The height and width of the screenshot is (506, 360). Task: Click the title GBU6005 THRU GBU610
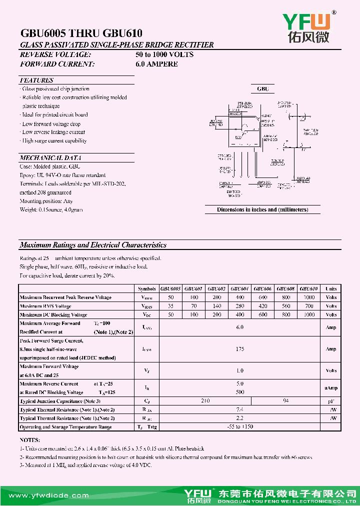[81, 33]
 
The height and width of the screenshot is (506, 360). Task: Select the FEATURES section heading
[36, 80]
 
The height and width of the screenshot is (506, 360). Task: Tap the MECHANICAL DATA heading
[50, 157]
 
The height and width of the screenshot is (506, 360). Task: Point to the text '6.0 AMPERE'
[156, 64]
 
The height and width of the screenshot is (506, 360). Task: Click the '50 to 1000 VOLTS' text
[164, 54]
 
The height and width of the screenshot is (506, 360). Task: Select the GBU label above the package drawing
[263, 89]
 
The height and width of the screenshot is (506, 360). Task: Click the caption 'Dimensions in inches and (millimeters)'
[262, 209]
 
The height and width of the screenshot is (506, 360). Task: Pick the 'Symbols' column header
[146, 289]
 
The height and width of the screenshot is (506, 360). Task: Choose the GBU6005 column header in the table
[170, 289]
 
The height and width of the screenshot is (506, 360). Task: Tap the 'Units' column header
[331, 289]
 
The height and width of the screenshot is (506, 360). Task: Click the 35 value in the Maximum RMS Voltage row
[170, 306]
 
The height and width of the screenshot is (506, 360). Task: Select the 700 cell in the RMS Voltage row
[309, 306]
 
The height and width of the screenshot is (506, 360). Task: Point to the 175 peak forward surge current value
[240, 349]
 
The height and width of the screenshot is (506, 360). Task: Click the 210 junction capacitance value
[205, 401]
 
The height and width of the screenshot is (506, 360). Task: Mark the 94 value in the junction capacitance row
[286, 401]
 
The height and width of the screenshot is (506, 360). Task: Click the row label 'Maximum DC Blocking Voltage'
[53, 315]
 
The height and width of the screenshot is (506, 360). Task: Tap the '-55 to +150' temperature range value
[240, 427]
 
